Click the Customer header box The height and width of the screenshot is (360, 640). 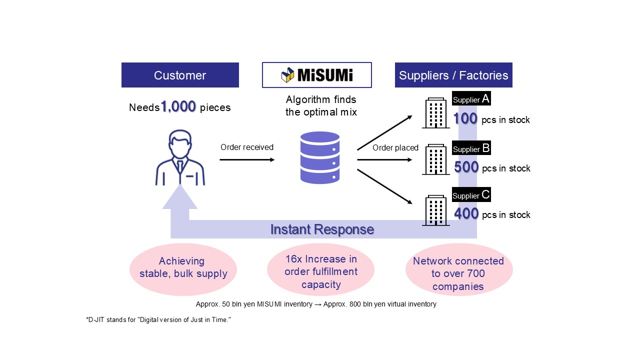click(180, 75)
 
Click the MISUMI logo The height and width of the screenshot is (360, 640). click(317, 75)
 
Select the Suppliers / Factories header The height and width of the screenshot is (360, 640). click(453, 75)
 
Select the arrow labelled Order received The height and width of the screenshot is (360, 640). click(247, 159)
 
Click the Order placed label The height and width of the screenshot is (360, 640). click(395, 147)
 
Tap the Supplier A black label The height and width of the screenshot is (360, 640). click(471, 99)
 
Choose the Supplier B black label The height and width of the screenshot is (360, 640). click(471, 148)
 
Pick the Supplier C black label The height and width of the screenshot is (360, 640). click(471, 194)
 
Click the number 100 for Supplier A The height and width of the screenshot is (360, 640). click(465, 119)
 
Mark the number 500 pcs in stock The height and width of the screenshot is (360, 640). click(466, 167)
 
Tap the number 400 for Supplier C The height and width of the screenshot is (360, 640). click(466, 214)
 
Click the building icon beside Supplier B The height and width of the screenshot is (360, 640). click(435, 160)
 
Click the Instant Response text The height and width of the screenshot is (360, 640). click(322, 229)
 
